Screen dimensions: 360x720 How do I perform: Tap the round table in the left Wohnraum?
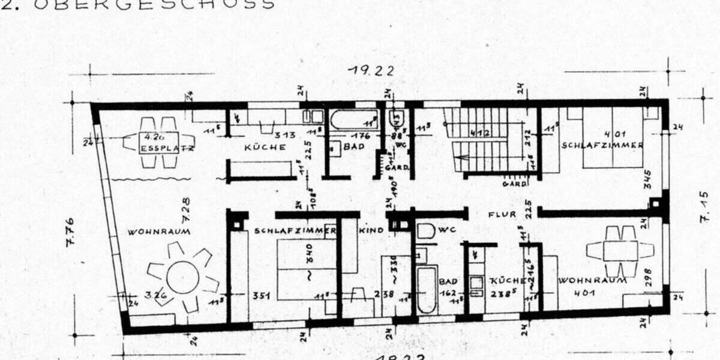point(182,277)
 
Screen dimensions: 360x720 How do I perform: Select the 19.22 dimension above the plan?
point(372,70)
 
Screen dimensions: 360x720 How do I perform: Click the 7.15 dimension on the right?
point(704,207)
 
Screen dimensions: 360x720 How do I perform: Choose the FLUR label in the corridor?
point(502,214)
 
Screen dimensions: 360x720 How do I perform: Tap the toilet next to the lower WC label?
point(425,232)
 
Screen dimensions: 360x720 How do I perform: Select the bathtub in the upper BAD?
point(353,119)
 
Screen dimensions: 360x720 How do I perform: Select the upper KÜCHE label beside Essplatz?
point(265,148)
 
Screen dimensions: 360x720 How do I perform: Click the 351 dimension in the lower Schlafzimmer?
point(259,295)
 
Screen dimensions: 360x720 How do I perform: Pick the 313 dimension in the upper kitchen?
point(284,135)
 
